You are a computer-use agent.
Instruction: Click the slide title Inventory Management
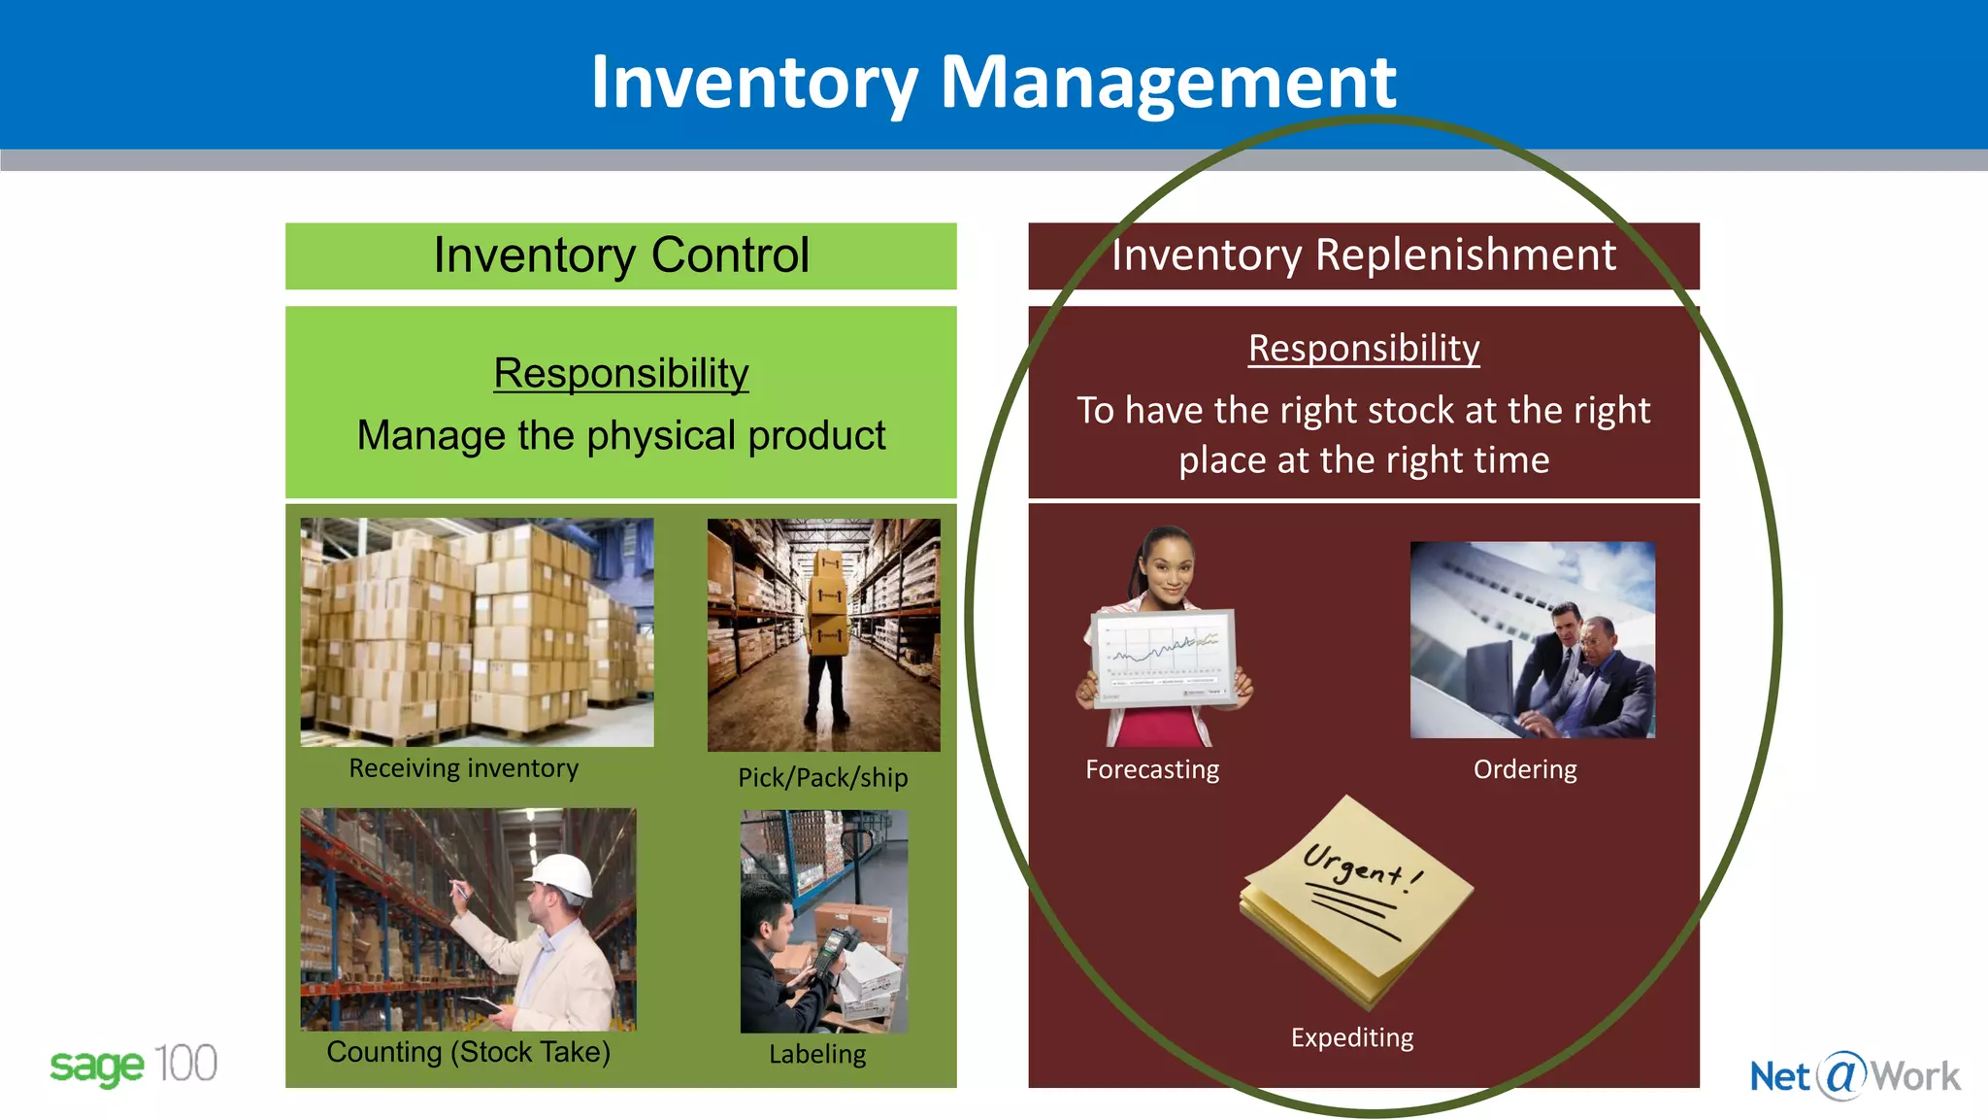point(993,82)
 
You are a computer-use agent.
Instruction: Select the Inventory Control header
point(621,255)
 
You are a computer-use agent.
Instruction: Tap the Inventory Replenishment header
point(1363,255)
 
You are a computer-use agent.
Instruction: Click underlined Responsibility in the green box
point(621,373)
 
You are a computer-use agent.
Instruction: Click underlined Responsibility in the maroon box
point(1363,348)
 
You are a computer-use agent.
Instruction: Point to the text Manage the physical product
point(621,435)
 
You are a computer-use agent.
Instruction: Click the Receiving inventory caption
point(463,768)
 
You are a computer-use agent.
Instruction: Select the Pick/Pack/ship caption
point(822,777)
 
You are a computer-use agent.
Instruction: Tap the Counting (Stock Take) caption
point(468,1052)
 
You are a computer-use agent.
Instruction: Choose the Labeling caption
point(817,1054)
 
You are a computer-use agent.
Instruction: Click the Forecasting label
point(1152,769)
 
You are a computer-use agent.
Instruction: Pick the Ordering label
point(1524,769)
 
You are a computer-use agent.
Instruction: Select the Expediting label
point(1351,1037)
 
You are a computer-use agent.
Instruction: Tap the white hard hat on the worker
point(562,873)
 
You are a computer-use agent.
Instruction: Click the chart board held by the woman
point(1164,657)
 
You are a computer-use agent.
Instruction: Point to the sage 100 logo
point(133,1066)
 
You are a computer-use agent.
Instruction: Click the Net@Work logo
point(1854,1076)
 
